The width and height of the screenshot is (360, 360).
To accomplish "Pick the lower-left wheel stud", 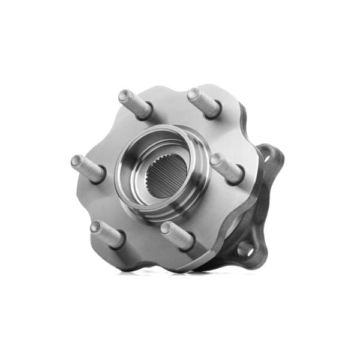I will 106,233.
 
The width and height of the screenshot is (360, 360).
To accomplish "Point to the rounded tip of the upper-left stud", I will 123,95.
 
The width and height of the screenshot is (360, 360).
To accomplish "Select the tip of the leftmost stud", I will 76,161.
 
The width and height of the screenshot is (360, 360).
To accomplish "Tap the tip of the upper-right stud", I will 193,94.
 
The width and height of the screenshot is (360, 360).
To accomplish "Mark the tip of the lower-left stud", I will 95,226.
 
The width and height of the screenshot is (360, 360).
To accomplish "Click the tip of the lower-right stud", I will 165,227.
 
